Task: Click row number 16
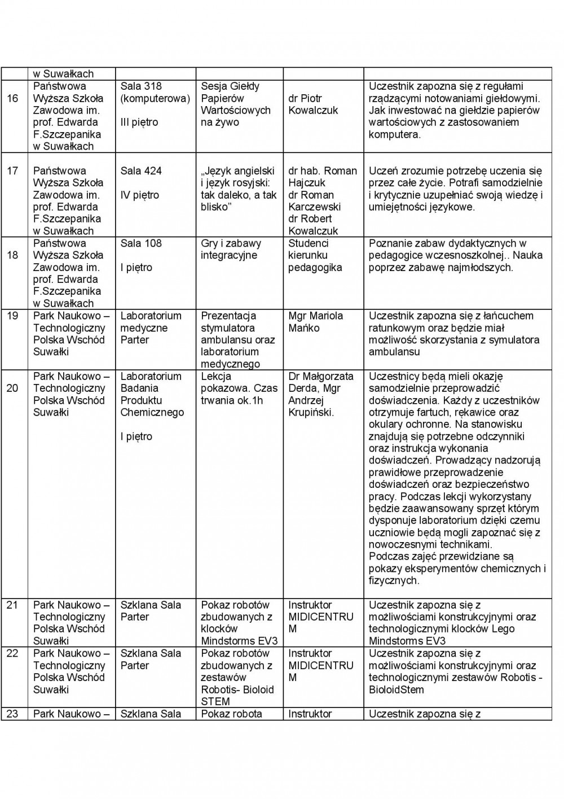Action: [12, 99]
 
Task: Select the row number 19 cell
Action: [12, 316]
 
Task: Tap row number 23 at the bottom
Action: [12, 714]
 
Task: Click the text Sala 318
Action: [141, 86]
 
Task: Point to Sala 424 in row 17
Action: [141, 171]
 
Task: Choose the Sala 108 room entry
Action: [141, 243]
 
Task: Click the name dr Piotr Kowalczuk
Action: [313, 104]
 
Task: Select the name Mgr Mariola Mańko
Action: [315, 322]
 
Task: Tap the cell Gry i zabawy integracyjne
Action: [231, 249]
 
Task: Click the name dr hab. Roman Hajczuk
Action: [323, 177]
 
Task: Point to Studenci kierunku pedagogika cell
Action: [315, 255]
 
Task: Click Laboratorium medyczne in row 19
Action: [151, 322]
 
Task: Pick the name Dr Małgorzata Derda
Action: [321, 382]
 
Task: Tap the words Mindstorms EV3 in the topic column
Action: [239, 641]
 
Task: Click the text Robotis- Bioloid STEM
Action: [237, 696]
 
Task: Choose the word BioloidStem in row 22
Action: [396, 689]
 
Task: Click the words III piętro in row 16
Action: [139, 123]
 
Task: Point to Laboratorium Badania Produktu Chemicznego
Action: [152, 394]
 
